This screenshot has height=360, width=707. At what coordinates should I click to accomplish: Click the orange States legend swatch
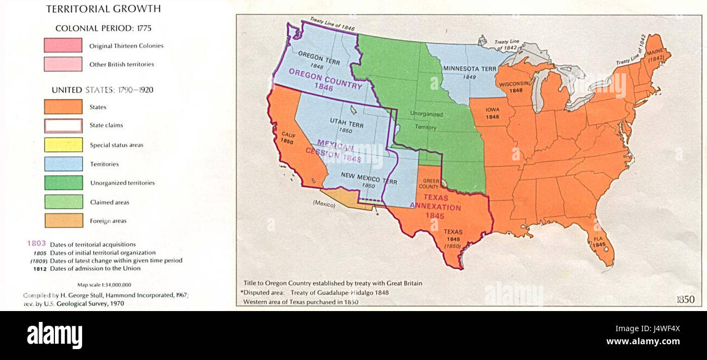[63, 107]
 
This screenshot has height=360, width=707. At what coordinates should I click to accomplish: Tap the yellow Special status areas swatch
[63, 145]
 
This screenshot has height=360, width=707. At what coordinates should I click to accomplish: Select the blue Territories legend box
[63, 164]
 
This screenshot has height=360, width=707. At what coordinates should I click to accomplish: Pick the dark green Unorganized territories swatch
[63, 183]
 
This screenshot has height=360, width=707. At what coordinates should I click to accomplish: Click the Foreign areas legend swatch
[63, 221]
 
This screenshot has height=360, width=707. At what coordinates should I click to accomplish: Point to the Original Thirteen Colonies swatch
[63, 46]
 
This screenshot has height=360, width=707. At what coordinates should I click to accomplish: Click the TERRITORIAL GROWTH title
[103, 9]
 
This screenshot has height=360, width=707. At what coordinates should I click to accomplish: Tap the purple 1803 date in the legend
[36, 244]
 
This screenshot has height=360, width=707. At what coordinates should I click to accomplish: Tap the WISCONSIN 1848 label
[514, 87]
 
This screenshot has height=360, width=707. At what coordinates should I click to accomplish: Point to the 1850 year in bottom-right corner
[685, 300]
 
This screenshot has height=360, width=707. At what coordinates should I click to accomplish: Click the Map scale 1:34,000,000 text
[104, 284]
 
